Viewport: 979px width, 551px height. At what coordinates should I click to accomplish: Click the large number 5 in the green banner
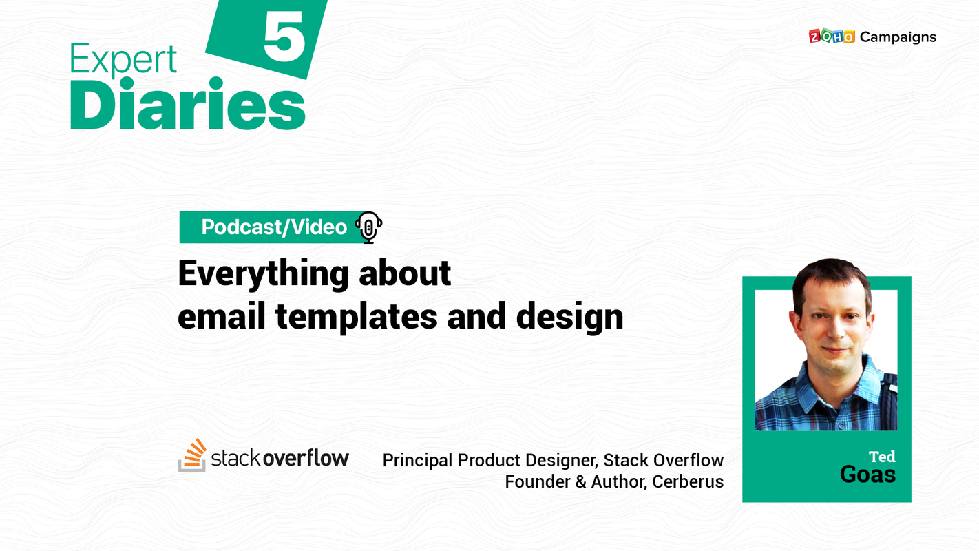284,40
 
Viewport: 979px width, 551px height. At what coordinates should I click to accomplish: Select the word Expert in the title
123,61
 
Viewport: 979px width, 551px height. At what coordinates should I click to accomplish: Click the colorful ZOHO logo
831,37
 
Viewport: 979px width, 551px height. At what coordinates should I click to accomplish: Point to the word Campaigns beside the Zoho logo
898,37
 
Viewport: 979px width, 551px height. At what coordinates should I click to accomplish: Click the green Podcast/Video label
273,227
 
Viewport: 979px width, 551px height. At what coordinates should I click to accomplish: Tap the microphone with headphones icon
368,227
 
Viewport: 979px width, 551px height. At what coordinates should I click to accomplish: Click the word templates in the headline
356,317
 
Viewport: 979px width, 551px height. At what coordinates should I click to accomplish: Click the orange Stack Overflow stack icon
192,455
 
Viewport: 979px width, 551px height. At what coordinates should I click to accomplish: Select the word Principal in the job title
417,460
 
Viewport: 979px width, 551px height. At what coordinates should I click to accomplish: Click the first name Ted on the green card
881,457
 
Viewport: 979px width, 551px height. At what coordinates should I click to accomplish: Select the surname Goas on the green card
867,475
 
